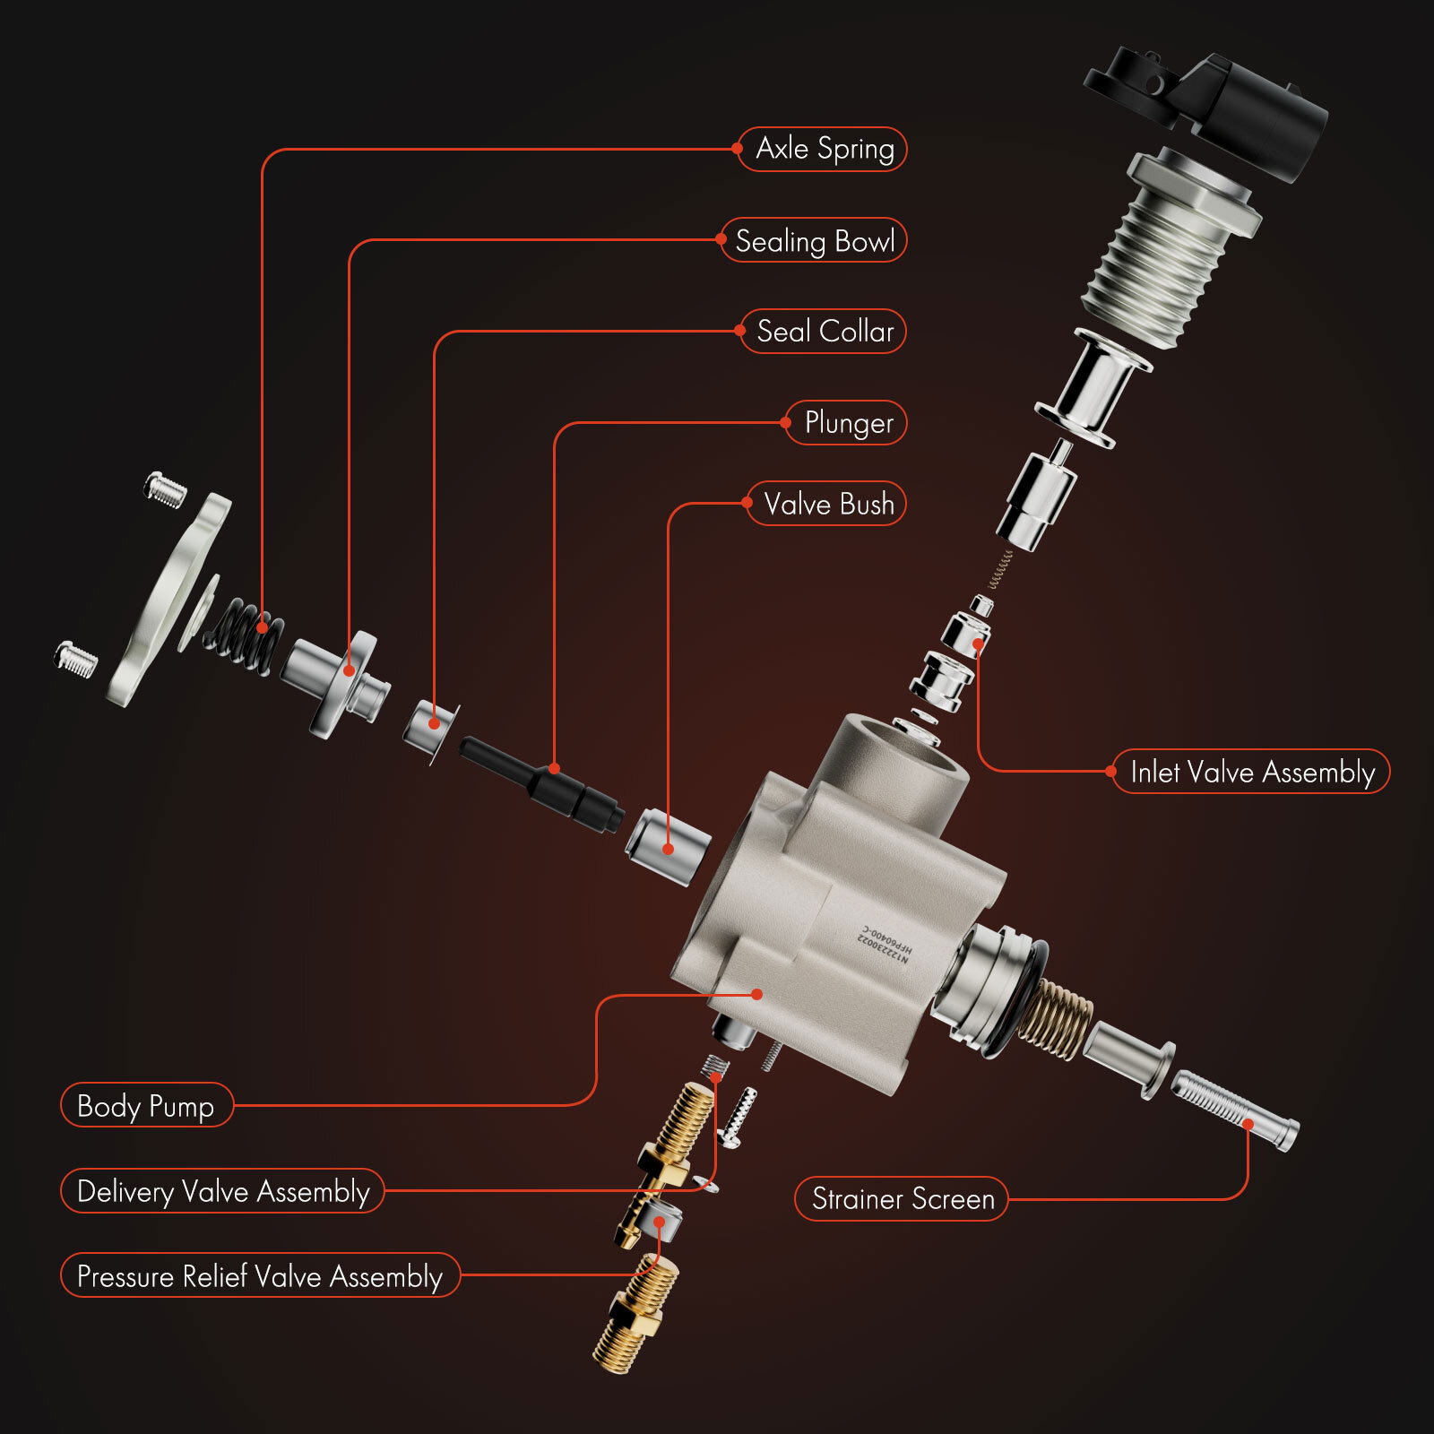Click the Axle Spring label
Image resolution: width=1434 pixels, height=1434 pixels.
(824, 149)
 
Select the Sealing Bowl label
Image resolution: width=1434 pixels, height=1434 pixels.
(814, 240)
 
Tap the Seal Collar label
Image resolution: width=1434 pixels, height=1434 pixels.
(825, 332)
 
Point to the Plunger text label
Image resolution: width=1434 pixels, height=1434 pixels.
(848, 422)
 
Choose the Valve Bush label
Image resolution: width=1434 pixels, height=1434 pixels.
(828, 504)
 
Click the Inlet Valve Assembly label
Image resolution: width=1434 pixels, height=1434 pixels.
(1251, 772)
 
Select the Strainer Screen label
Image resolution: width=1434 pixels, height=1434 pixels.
(903, 1199)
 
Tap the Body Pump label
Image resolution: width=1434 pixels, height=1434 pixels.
(146, 1106)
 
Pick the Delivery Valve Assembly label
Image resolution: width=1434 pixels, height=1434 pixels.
(223, 1191)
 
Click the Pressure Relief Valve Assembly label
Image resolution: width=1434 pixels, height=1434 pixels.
(260, 1275)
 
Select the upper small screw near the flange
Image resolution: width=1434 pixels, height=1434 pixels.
(166, 489)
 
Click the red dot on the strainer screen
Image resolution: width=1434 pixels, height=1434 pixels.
(1248, 1123)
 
